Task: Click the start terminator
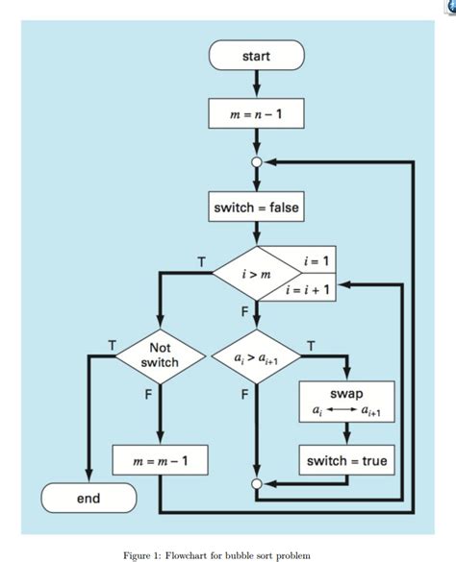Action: (x=256, y=56)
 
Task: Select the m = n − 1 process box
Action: (x=256, y=114)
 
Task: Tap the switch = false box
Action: (x=256, y=207)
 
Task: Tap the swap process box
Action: (x=346, y=402)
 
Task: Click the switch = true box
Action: (x=346, y=461)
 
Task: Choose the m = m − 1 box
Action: (x=160, y=462)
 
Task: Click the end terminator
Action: (x=89, y=499)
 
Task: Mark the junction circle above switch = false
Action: (x=256, y=162)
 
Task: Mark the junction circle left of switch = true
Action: (x=256, y=484)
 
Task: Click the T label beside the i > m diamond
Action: (x=201, y=261)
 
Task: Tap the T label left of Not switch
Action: (x=113, y=343)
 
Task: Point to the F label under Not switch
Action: (x=150, y=393)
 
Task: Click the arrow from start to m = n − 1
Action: (x=256, y=85)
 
